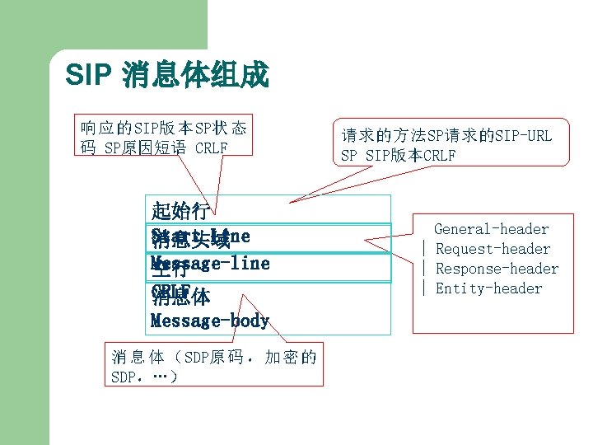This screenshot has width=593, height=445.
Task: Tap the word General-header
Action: pos(491,229)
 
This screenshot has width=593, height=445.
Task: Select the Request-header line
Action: pos(493,249)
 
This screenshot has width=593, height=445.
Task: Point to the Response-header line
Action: pos(497,269)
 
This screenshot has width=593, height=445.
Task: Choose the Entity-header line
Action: pos(488,288)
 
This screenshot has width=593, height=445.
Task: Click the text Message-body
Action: pos(210,321)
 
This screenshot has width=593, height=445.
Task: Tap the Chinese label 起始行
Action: pos(180,208)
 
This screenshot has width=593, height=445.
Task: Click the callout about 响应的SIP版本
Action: pos(163,137)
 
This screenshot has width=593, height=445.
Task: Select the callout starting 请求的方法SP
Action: pos(446,145)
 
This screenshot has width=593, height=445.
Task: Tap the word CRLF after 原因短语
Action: pos(212,148)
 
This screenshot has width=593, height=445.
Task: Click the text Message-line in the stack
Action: pos(211,264)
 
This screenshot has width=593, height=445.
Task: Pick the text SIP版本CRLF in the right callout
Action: pos(409,156)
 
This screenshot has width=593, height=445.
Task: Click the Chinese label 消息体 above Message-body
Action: pos(180,297)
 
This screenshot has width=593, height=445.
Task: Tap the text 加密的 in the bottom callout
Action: pos(290,358)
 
